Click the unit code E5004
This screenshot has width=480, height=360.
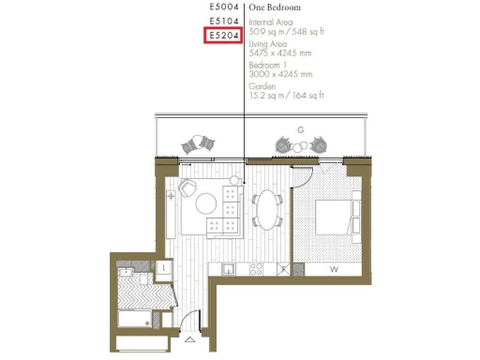coord(224,7)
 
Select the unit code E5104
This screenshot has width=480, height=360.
coord(224,21)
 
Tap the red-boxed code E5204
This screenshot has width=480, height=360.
coord(224,36)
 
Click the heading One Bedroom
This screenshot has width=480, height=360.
coord(277,7)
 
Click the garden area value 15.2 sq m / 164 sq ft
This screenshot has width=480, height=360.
coord(287,96)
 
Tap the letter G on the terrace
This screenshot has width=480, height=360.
coord(299,128)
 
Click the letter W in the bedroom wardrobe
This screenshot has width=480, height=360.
coord(333,270)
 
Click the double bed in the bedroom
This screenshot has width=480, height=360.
coord(332,217)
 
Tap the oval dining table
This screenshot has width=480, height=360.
coord(269,209)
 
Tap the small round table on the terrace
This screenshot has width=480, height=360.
coord(302,145)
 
